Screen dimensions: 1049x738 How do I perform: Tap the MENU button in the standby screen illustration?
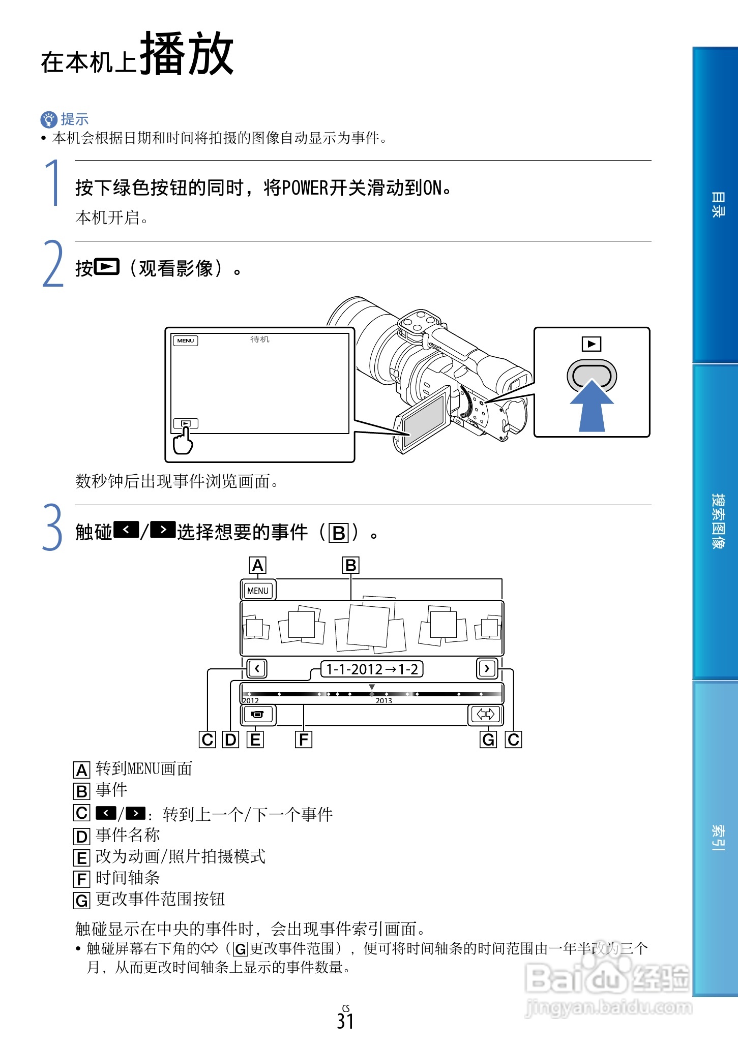(186, 341)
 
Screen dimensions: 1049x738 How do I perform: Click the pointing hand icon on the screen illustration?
(183, 441)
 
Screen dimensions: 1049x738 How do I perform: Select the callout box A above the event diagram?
(258, 565)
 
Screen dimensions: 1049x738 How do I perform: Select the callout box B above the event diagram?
(350, 565)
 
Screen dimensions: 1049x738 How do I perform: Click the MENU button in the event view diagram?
(258, 591)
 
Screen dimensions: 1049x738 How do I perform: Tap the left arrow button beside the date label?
(257, 668)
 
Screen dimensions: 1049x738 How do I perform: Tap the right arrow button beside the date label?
(487, 668)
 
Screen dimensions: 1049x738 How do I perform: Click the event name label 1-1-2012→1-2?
(372, 669)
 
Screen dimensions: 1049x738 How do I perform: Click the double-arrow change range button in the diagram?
(485, 715)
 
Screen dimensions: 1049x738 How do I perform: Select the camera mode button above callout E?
(258, 715)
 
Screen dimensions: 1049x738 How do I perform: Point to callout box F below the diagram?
(304, 739)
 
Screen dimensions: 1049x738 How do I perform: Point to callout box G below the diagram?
(488, 739)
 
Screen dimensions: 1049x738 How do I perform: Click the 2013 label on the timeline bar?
(384, 700)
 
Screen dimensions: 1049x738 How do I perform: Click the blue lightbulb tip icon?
(48, 119)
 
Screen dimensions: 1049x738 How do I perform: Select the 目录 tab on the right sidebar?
(717, 205)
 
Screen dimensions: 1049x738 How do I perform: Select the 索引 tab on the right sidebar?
(717, 837)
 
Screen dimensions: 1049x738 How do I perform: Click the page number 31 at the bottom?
(345, 1021)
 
